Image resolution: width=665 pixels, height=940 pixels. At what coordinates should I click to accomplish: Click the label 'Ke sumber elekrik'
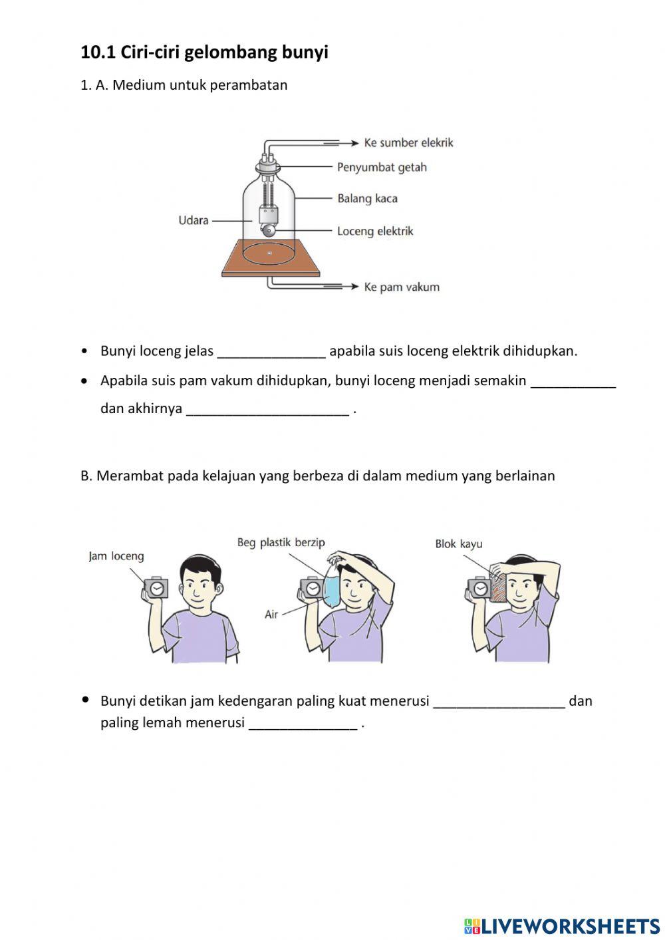tap(408, 142)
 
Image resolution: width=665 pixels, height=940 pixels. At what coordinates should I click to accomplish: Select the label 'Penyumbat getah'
tap(382, 167)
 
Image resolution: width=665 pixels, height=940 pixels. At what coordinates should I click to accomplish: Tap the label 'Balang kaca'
tap(367, 198)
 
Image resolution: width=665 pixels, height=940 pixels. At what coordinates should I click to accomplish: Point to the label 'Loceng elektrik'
tap(375, 231)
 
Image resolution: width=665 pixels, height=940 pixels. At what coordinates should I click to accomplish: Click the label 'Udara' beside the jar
tap(194, 220)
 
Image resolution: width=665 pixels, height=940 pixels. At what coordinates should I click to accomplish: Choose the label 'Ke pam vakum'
tap(402, 287)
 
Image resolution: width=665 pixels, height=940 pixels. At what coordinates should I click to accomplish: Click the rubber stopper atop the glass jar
tap(269, 167)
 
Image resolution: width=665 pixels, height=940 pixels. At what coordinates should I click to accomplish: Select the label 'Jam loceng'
tap(116, 556)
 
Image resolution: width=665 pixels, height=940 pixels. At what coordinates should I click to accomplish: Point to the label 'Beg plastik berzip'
tap(281, 543)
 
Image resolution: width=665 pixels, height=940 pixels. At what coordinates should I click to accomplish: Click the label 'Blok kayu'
tap(459, 544)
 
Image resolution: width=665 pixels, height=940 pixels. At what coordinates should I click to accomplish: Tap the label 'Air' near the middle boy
tap(271, 614)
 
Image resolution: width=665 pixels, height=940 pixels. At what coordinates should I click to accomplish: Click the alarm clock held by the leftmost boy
tap(156, 588)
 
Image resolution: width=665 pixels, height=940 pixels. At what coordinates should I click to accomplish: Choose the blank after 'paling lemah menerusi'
tap(303, 724)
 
